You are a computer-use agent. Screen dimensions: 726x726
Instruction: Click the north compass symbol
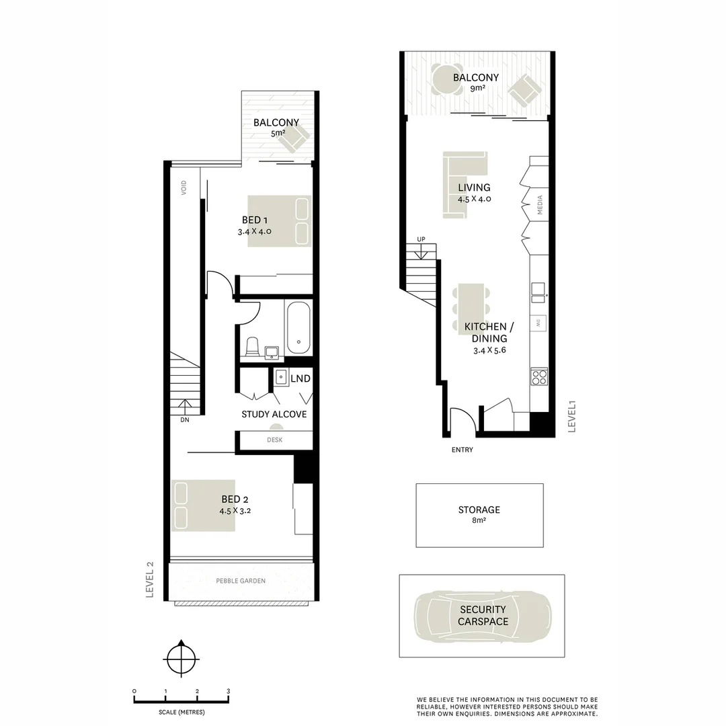click(x=180, y=659)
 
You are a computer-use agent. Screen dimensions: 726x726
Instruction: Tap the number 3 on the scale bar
click(x=229, y=691)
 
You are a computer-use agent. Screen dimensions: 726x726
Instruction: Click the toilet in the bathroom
click(x=253, y=347)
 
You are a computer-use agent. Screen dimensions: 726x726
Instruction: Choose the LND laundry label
click(x=300, y=379)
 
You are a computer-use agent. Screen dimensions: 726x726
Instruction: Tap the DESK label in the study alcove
click(x=274, y=440)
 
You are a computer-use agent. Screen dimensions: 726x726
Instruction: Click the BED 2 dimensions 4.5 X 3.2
click(x=235, y=510)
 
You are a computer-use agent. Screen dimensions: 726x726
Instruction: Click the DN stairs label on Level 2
click(x=184, y=420)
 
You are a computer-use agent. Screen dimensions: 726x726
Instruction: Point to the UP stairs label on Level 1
click(x=421, y=239)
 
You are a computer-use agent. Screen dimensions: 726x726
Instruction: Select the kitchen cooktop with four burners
click(x=539, y=377)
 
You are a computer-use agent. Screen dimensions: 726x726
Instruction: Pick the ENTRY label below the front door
click(x=462, y=450)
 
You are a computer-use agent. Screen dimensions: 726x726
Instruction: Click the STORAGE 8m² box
click(x=479, y=515)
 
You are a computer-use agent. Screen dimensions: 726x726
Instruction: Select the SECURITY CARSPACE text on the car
click(x=483, y=616)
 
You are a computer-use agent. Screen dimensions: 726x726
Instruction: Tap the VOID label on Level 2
click(x=183, y=188)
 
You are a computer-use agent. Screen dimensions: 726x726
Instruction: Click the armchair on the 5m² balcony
click(x=296, y=138)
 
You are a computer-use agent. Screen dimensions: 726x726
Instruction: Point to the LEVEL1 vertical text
click(x=573, y=417)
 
